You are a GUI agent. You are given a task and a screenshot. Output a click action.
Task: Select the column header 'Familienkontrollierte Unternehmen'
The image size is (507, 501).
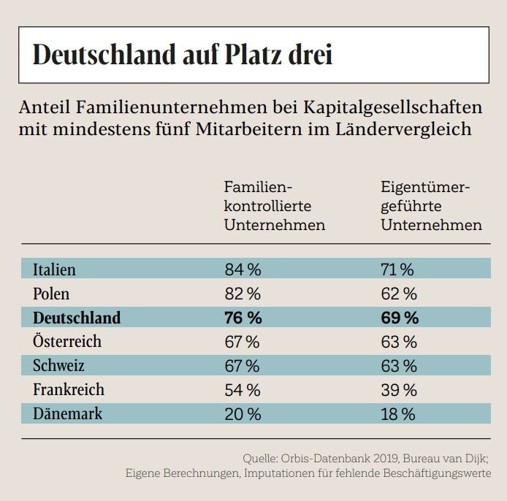pos(274,206)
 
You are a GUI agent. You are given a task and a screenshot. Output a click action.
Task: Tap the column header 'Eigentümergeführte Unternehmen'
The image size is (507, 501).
pos(431,206)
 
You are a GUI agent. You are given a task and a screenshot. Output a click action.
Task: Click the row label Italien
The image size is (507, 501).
pos(54,269)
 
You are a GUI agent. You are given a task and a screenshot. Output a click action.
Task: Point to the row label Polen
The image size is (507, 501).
pos(51,294)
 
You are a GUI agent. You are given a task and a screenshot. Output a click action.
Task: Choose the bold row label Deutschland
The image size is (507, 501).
pos(77,318)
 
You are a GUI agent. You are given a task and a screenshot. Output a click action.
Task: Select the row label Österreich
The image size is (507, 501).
pos(67,342)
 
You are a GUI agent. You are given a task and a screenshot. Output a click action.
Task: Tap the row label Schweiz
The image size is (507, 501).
pos(58,365)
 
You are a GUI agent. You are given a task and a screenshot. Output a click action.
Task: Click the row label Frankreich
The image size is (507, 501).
pos(69,389)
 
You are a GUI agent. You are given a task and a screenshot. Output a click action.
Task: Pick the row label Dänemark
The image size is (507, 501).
pos(67,413)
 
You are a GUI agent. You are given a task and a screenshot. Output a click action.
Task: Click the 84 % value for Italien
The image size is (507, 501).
pos(243,269)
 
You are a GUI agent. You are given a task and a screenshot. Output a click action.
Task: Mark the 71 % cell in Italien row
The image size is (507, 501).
pos(397,269)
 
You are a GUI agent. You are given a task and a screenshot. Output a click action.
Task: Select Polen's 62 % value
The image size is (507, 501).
pos(399,294)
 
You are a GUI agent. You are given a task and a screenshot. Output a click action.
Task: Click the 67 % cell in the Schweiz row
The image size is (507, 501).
pos(243,365)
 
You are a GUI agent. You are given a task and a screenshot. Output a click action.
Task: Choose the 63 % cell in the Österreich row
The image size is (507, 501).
pos(399,342)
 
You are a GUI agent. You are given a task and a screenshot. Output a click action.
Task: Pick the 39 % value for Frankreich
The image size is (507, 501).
pos(399,389)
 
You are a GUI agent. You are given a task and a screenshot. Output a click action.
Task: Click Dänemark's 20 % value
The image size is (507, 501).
pos(243,413)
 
